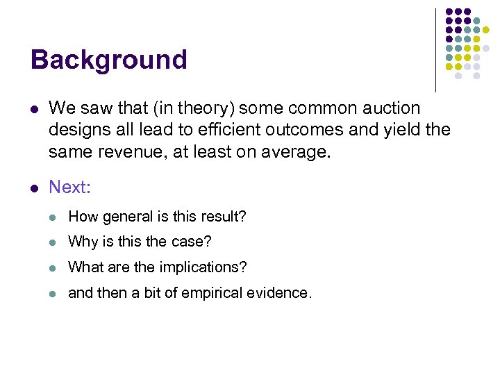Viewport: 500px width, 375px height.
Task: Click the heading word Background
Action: point(109,60)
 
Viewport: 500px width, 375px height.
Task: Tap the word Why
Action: point(82,242)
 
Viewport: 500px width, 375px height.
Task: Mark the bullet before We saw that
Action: point(34,109)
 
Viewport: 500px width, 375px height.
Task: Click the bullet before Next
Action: point(34,187)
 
